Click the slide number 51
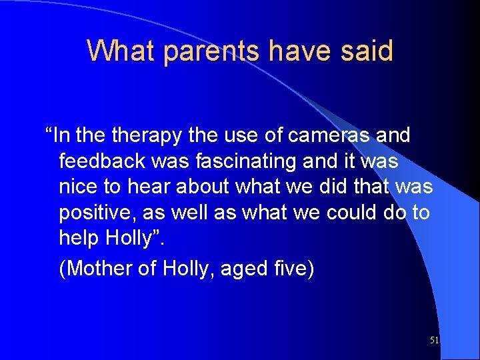(x=434, y=341)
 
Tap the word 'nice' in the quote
(x=79, y=187)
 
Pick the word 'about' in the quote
(x=204, y=187)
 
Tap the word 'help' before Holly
(x=79, y=238)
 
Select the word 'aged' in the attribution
(x=242, y=269)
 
